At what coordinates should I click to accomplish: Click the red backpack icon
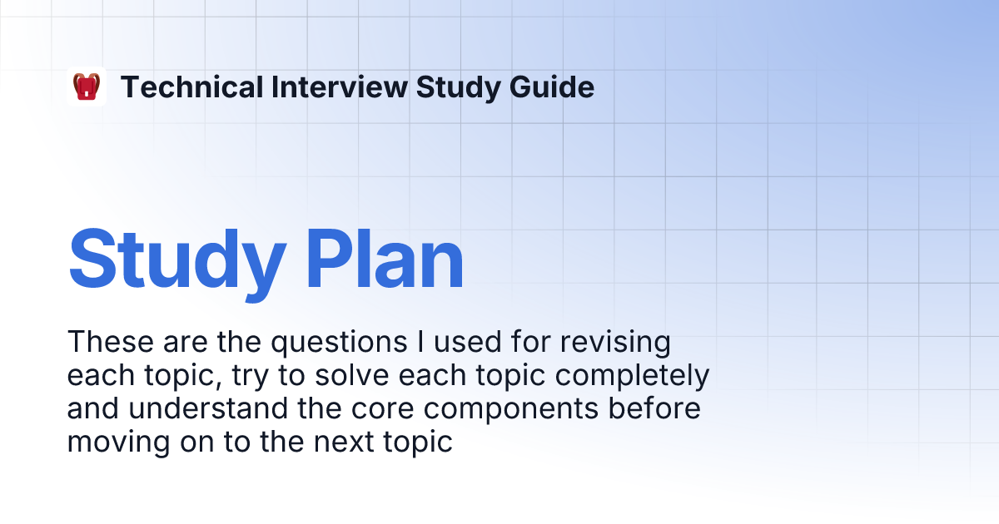(x=87, y=87)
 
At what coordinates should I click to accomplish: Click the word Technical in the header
(x=192, y=87)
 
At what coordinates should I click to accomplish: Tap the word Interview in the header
(x=340, y=87)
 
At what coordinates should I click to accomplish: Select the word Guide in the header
(x=552, y=87)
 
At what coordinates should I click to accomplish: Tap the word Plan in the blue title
(x=385, y=260)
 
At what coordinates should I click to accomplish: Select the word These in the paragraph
(x=111, y=342)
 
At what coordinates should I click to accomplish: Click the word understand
(x=209, y=408)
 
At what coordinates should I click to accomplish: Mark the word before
(x=654, y=408)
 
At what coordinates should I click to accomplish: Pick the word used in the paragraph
(x=467, y=342)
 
